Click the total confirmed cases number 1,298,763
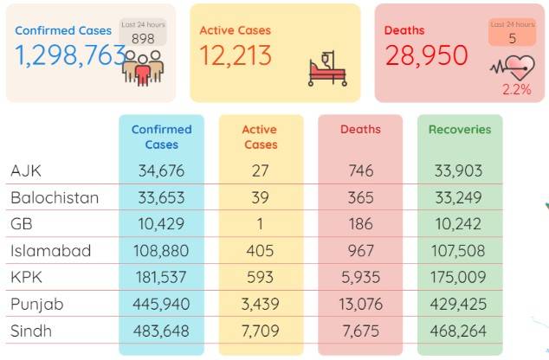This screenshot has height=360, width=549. (x=70, y=55)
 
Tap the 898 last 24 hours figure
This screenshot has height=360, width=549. (x=143, y=38)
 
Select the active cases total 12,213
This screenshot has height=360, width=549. (x=236, y=55)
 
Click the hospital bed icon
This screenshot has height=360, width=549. (x=327, y=68)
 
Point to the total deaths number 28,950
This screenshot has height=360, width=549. (x=426, y=55)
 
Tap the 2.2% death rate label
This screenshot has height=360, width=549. (x=517, y=89)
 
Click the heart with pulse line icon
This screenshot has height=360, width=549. (x=513, y=67)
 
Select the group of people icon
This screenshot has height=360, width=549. (x=143, y=68)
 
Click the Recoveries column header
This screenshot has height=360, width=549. (x=460, y=130)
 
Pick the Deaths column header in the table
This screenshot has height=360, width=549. (x=360, y=130)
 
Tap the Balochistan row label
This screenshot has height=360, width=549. (x=55, y=197)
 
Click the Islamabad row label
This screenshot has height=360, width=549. (x=51, y=251)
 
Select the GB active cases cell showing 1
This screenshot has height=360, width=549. (x=260, y=224)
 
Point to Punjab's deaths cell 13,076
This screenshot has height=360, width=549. (x=360, y=304)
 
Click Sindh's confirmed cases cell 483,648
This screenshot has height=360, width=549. (x=161, y=331)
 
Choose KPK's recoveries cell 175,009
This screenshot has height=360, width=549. (x=458, y=278)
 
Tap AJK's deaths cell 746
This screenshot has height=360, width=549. (x=361, y=170)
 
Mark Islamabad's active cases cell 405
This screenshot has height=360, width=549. (x=260, y=251)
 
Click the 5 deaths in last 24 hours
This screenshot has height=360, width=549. (x=513, y=38)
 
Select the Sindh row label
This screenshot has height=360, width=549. (x=31, y=331)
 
